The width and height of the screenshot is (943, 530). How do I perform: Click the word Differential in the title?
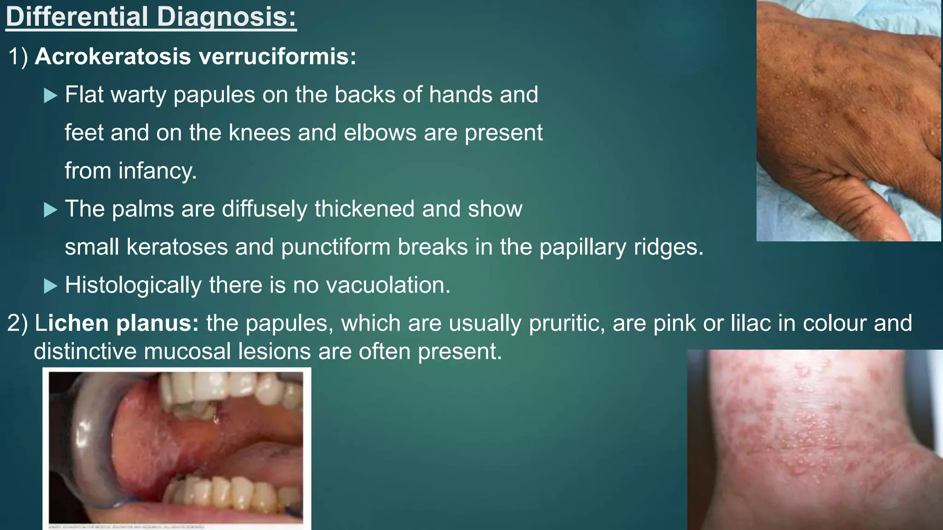(76, 17)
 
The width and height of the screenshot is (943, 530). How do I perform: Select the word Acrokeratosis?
(113, 57)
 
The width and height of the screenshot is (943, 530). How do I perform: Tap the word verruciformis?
(278, 57)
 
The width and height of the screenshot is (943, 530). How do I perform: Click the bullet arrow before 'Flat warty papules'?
(50, 96)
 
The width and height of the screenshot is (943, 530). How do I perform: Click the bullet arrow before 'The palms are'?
(50, 210)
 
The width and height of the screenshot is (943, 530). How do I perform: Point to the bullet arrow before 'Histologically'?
(50, 286)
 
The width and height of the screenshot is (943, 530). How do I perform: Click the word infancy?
(157, 171)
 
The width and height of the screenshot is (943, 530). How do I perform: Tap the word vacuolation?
(388, 285)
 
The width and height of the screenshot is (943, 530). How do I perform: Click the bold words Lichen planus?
(116, 323)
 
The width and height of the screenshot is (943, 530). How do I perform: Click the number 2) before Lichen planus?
(17, 323)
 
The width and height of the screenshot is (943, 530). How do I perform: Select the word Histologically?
(133, 285)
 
